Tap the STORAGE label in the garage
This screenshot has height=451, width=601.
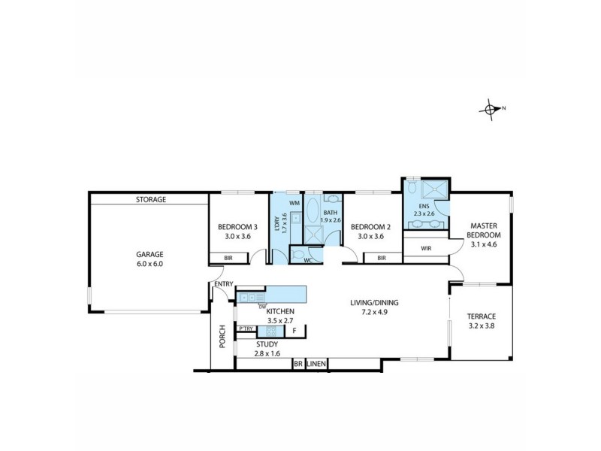click(150, 200)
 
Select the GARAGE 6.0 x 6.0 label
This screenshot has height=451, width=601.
click(149, 259)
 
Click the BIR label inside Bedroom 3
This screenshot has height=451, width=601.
click(227, 258)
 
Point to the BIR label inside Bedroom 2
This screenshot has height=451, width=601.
click(382, 258)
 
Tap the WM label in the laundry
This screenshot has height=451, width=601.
click(294, 203)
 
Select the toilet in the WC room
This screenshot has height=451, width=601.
click(299, 257)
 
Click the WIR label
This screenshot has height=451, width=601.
click(426, 247)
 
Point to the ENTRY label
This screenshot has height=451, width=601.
click(222, 283)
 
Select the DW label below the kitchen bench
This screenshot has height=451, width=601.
click(262, 306)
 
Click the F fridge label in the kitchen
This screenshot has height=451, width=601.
click(294, 330)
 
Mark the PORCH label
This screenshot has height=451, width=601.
click(222, 341)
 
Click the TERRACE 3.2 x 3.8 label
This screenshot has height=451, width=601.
click(481, 321)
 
